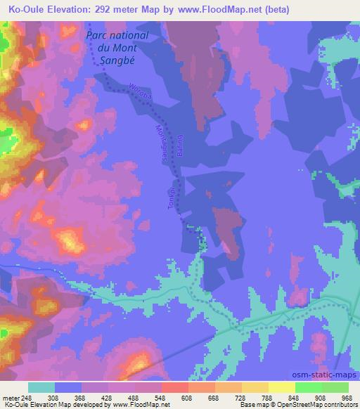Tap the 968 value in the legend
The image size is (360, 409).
tap(346, 397)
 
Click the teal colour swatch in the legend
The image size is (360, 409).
tap(41, 387)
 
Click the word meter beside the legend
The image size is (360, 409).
tap(11, 397)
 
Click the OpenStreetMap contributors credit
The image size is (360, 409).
tap(316, 405)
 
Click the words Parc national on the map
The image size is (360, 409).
tap(116, 35)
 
